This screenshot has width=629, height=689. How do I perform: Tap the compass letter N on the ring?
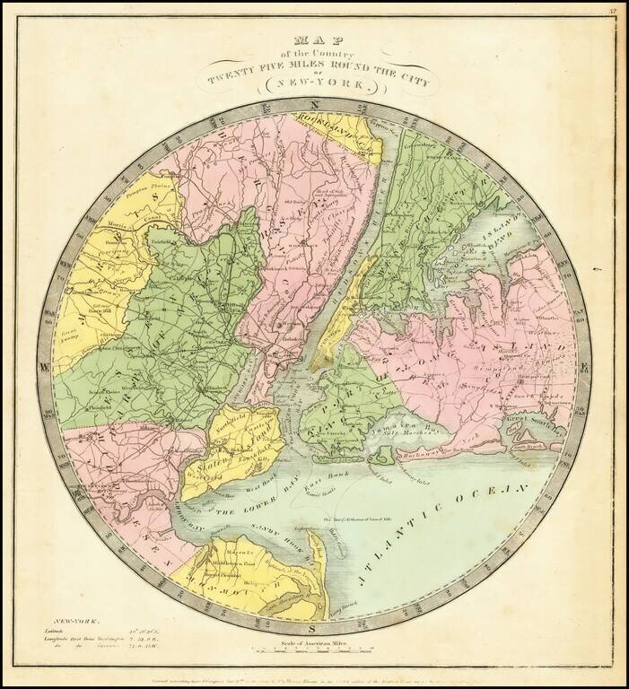pos(316,107)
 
